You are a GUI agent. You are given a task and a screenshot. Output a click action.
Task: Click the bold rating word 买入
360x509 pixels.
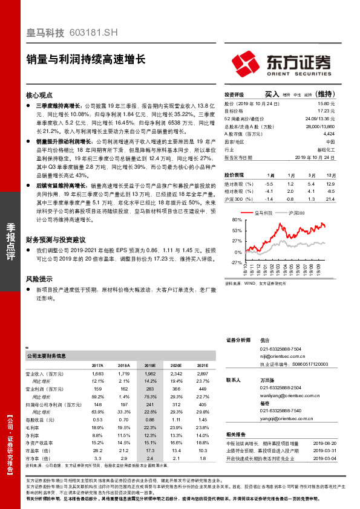272,94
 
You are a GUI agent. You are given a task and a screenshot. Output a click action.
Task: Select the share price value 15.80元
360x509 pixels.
327,103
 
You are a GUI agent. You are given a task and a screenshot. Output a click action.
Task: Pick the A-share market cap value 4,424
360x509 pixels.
329,134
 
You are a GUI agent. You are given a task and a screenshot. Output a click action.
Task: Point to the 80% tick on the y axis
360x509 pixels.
237,221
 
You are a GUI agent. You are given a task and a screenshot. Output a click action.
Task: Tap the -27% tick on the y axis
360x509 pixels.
237,262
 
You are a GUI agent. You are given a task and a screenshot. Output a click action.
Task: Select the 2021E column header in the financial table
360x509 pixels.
202,366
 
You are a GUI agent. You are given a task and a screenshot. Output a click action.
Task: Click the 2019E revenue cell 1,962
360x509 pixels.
150,375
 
